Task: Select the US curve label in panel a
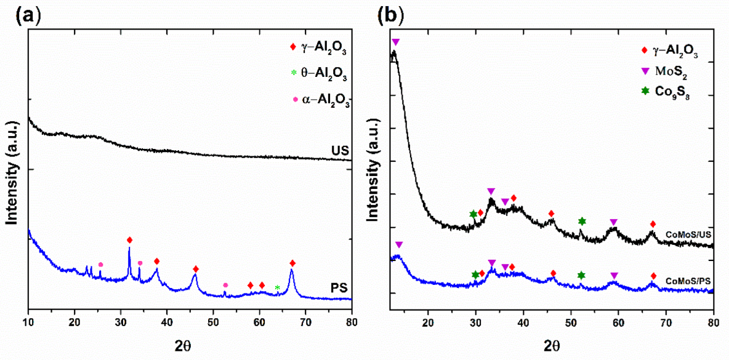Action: click(x=340, y=151)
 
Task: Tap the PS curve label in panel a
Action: click(x=339, y=287)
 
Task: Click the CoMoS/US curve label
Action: click(x=688, y=234)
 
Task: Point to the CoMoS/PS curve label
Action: click(x=688, y=281)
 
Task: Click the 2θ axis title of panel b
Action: click(x=551, y=346)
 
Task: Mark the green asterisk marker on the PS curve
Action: click(x=277, y=288)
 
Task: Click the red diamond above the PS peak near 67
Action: click(x=292, y=263)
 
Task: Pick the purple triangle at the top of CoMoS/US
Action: click(x=395, y=42)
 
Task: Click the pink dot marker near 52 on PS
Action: click(x=225, y=285)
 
